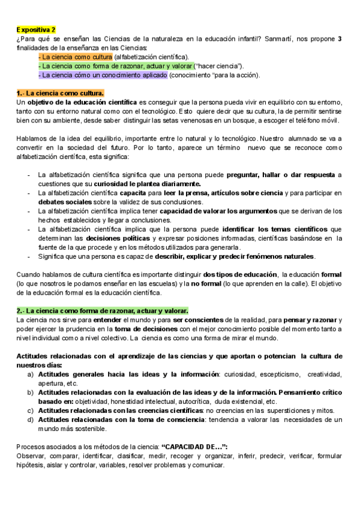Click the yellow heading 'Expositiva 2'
point(36,29)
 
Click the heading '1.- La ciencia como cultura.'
point(60,94)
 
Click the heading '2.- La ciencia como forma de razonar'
point(102,310)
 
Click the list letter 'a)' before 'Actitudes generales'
point(31,374)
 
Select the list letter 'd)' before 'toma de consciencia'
point(31,420)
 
